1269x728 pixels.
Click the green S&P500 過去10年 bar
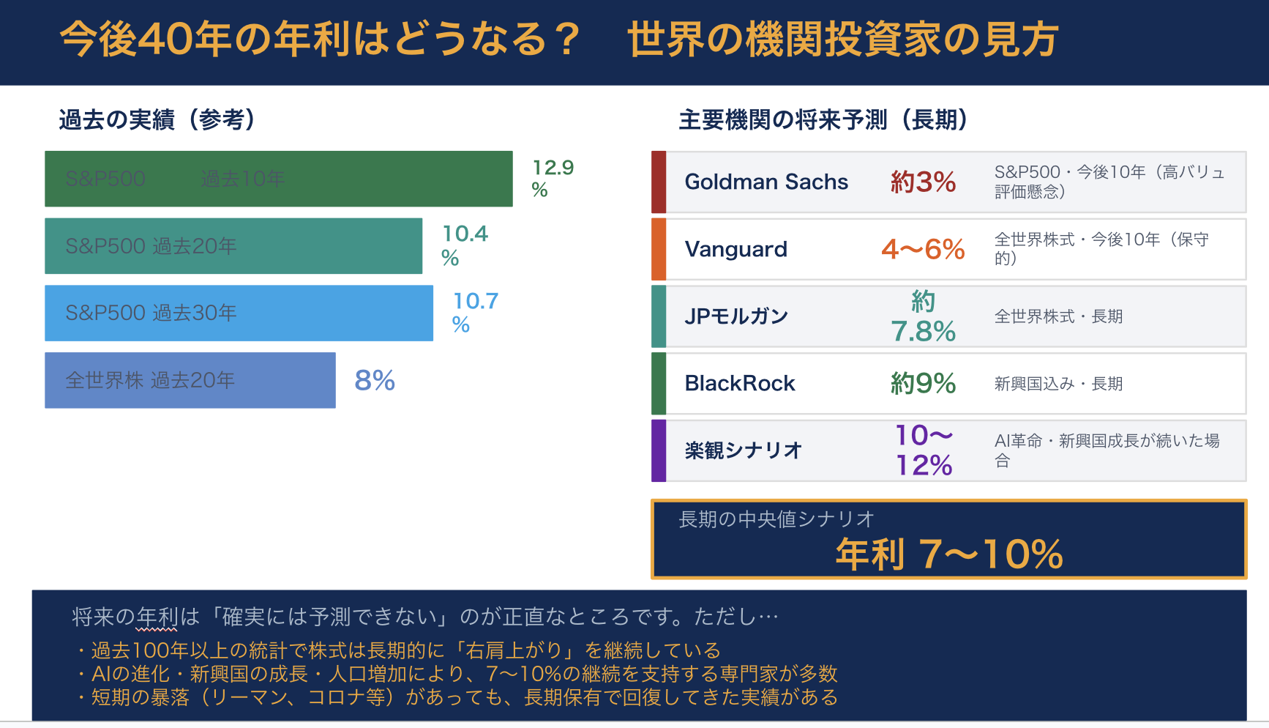coord(278,179)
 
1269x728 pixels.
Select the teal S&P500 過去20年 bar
coord(233,246)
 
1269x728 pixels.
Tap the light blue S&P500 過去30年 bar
coord(239,313)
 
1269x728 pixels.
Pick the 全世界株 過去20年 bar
coord(190,380)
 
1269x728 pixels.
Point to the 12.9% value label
coord(553,178)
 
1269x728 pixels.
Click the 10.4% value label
coord(464,245)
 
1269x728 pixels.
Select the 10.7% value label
coord(475,313)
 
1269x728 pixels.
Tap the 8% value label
coord(375,380)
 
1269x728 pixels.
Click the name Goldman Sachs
coord(766,182)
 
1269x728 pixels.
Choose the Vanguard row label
coord(735,249)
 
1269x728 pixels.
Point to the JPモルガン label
coord(736,316)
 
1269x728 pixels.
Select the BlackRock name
coord(739,383)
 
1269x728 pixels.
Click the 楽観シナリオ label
coord(744,450)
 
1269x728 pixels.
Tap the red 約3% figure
coord(923,182)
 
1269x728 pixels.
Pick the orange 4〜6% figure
coord(923,249)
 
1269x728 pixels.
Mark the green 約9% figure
coord(923,383)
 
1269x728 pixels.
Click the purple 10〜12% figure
coord(924,450)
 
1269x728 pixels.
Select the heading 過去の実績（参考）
coord(157,119)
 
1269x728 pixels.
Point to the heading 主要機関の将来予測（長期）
coord(823,119)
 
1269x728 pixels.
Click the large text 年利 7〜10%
coord(949,554)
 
